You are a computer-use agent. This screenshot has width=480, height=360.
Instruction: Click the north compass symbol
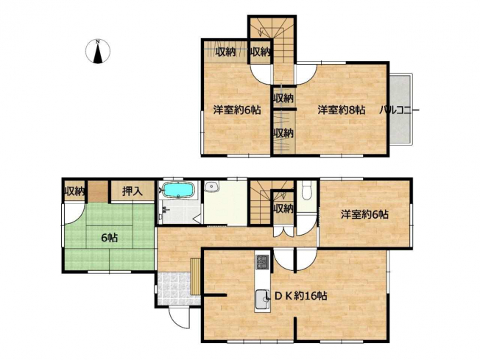(x=98, y=52)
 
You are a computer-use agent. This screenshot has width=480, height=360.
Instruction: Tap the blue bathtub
(x=178, y=190)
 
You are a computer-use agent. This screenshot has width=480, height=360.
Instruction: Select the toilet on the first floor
(x=306, y=191)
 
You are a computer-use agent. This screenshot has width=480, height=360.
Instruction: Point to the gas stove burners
(x=262, y=262)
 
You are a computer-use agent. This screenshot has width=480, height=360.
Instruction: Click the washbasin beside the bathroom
(x=211, y=186)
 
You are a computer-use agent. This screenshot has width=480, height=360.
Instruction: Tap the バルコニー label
(x=399, y=110)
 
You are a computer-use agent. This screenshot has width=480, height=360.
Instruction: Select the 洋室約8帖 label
(x=341, y=110)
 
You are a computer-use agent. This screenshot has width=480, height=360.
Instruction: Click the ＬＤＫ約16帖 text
(x=296, y=296)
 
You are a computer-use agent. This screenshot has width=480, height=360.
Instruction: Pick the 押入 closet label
(x=133, y=191)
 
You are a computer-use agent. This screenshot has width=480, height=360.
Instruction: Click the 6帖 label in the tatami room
(x=109, y=238)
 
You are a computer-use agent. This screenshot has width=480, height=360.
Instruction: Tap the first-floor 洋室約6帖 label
(x=365, y=214)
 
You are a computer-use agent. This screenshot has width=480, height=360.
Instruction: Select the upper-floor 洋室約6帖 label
(x=237, y=110)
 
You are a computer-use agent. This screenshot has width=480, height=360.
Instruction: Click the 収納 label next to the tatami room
(x=74, y=191)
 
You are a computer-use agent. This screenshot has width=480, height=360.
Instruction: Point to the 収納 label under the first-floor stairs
(x=283, y=208)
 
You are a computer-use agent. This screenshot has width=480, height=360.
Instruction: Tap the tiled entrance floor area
(x=174, y=289)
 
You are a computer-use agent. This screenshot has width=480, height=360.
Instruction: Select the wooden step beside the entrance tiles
(x=195, y=277)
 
